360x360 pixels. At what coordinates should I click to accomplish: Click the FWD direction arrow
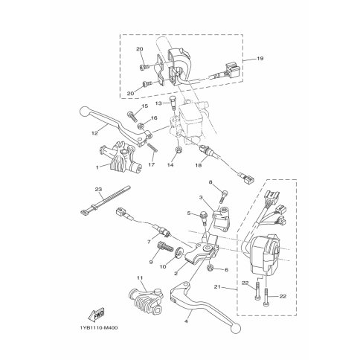(96, 314)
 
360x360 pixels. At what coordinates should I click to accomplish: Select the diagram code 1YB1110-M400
(99, 328)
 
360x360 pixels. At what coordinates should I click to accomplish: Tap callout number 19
(260, 59)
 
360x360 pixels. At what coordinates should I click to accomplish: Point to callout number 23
(98, 189)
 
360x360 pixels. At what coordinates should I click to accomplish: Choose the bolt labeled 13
(173, 103)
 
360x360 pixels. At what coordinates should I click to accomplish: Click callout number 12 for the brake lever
(94, 133)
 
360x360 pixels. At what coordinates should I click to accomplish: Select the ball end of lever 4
(236, 328)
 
